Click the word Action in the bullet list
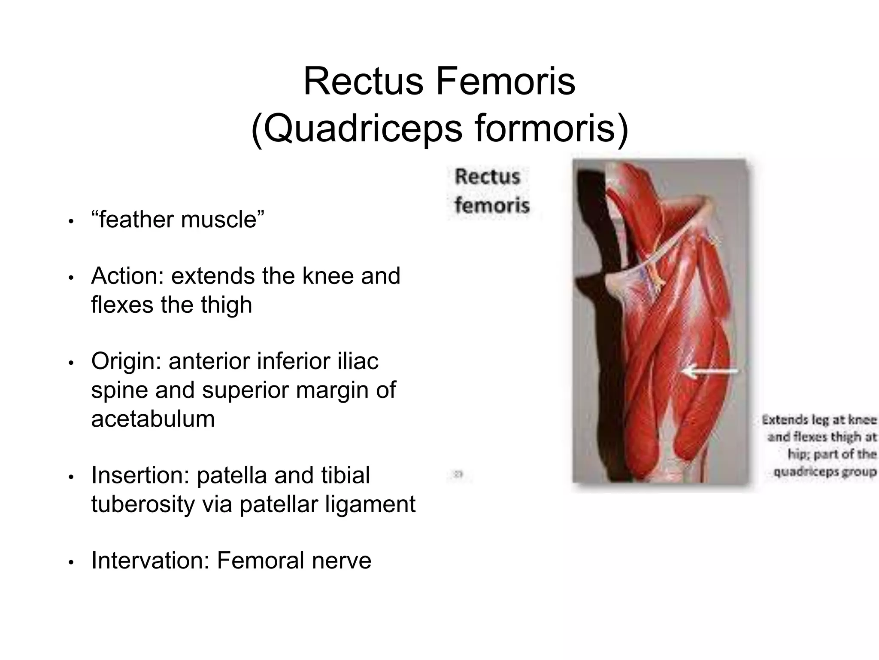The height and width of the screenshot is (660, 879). tap(124, 276)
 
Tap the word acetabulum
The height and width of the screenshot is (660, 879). tap(153, 419)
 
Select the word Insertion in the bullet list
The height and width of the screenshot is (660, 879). tap(140, 475)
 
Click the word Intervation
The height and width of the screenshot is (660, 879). tap(150, 561)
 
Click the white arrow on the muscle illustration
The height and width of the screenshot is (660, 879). tap(710, 370)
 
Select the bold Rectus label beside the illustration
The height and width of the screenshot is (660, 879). tap(487, 177)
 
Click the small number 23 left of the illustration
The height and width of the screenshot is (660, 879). tap(458, 475)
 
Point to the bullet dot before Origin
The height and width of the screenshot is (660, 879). tap(71, 364)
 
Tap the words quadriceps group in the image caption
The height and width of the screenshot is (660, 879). tap(824, 472)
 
